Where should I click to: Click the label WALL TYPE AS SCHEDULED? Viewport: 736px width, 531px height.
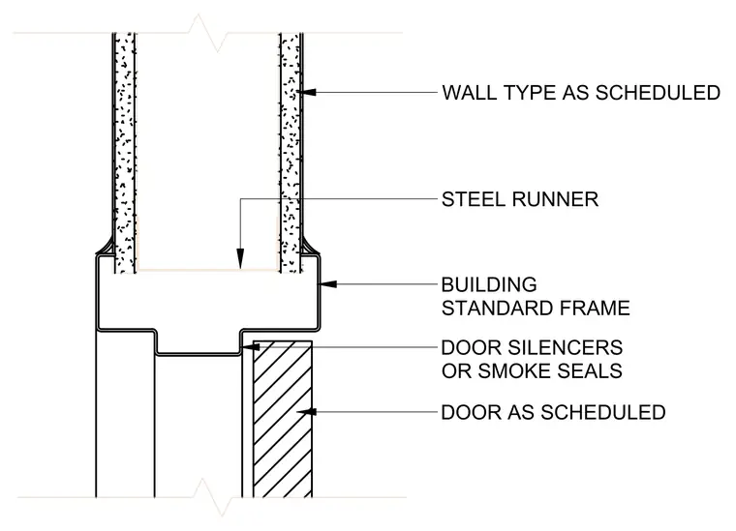click(x=581, y=93)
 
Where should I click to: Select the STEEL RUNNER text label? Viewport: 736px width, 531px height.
click(x=520, y=199)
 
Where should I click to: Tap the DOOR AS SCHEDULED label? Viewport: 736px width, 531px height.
click(x=553, y=412)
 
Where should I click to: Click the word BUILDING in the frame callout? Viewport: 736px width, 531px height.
click(x=489, y=284)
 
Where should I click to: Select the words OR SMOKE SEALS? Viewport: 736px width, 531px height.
click(x=532, y=371)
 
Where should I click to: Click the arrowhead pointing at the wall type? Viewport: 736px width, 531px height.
click(x=308, y=92)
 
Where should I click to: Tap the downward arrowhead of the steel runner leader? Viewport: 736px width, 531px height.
click(x=240, y=259)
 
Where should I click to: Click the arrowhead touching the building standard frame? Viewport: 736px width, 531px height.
click(x=328, y=284)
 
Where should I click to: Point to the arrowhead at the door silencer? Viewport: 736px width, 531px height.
click(x=251, y=347)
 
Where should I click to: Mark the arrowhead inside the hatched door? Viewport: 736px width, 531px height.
click(x=307, y=412)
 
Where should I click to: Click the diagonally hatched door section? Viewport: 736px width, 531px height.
click(x=283, y=419)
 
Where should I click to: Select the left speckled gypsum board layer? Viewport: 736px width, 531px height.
click(x=125, y=153)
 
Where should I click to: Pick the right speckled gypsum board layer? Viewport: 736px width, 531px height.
click(x=291, y=153)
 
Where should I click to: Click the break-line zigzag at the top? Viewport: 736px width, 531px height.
click(x=207, y=33)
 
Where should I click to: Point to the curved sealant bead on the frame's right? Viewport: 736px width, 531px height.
click(x=310, y=248)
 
